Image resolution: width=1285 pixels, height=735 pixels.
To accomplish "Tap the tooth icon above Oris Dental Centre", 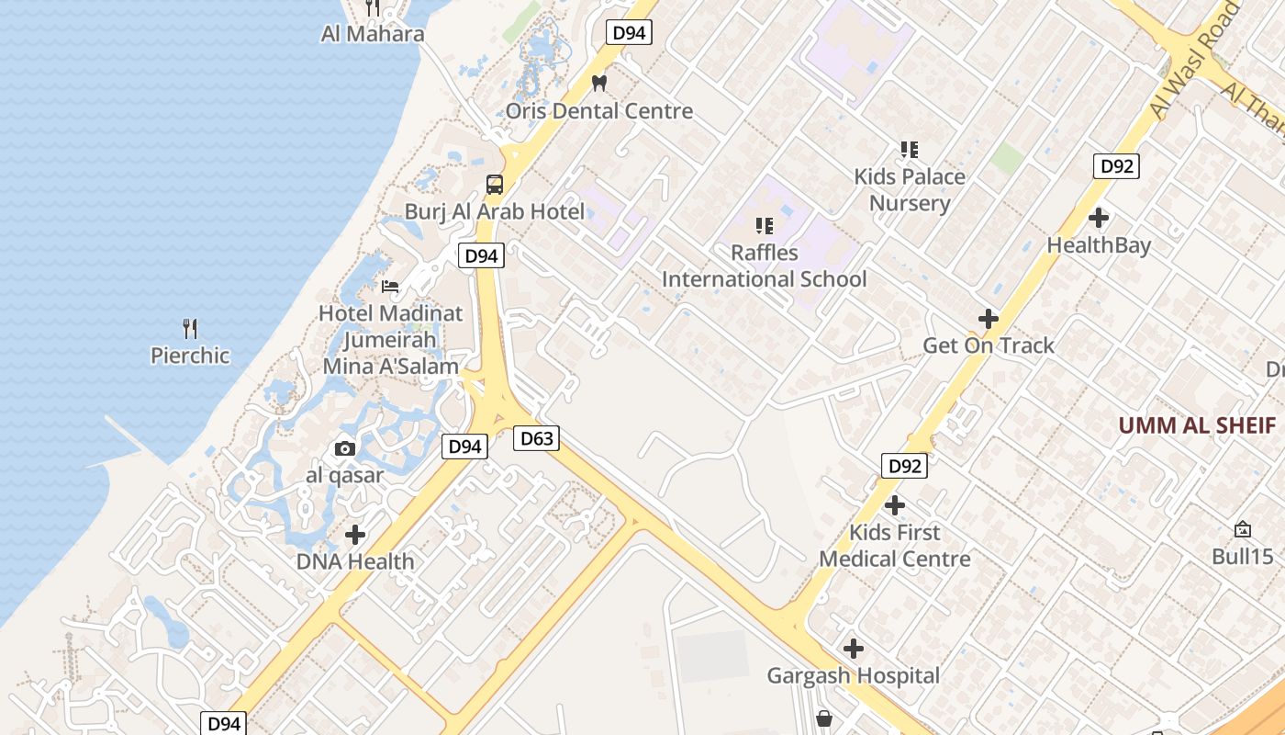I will pyautogui.click(x=599, y=83).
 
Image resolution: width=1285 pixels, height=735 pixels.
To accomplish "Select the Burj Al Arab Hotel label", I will pyautogui.click(x=494, y=211).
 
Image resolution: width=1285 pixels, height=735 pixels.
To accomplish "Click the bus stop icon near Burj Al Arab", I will pyautogui.click(x=494, y=184).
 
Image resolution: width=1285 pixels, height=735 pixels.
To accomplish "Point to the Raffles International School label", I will pyautogui.click(x=764, y=266).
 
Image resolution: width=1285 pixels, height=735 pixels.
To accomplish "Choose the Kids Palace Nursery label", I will pyautogui.click(x=910, y=189).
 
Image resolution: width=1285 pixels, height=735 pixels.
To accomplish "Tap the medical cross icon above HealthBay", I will pyautogui.click(x=1098, y=218).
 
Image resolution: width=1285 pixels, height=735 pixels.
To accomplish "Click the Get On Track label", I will pyautogui.click(x=989, y=345).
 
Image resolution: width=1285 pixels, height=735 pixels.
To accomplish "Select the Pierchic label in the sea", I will pyautogui.click(x=190, y=356).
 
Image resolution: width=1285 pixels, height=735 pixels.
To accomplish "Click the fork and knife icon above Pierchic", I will pyautogui.click(x=190, y=328).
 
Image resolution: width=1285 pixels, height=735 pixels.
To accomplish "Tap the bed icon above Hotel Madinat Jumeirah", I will pyautogui.click(x=390, y=287).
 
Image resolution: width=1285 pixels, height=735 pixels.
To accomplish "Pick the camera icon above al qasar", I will pyautogui.click(x=345, y=448).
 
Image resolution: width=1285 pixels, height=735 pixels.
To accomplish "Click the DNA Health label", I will pyautogui.click(x=355, y=561).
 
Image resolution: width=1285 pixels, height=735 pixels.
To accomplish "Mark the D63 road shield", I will pyautogui.click(x=536, y=438).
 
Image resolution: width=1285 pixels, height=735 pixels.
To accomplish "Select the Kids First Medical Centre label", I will pyautogui.click(x=895, y=546).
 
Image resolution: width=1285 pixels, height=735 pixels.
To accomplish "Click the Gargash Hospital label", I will pyautogui.click(x=854, y=676).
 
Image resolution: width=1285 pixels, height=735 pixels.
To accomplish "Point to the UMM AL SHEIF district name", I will pyautogui.click(x=1197, y=425).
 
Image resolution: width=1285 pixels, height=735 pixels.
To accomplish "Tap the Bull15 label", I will pyautogui.click(x=1243, y=556).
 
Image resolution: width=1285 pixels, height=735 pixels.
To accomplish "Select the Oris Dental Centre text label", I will pyautogui.click(x=599, y=111).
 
